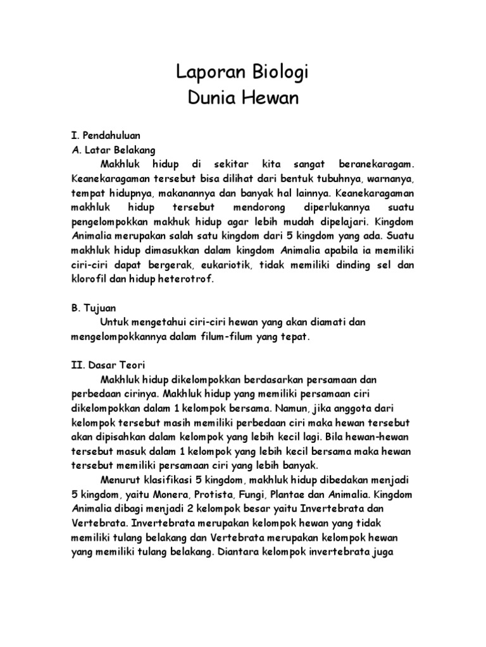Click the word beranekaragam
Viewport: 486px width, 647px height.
pyautogui.click(x=374, y=164)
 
